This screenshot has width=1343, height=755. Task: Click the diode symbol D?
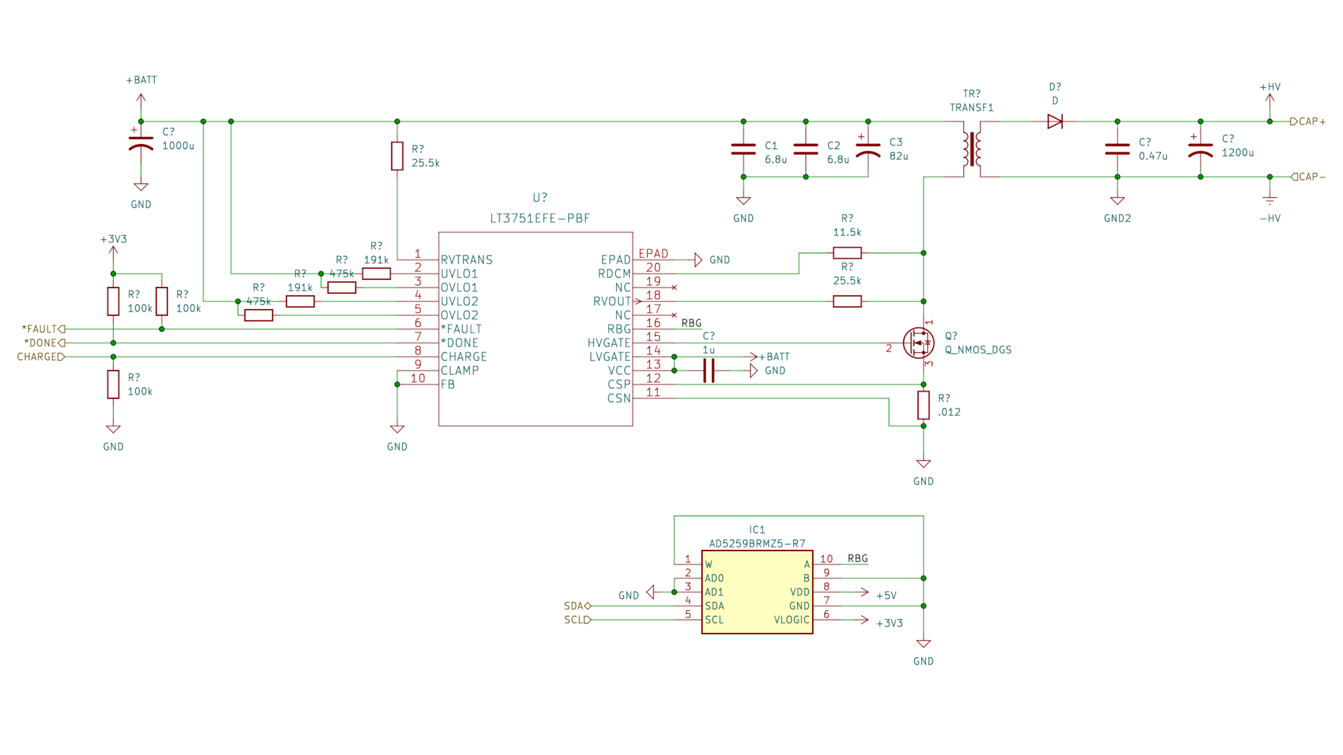pos(1055,121)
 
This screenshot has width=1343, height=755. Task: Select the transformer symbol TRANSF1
pos(972,149)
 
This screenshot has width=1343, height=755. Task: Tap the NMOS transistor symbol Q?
pos(919,343)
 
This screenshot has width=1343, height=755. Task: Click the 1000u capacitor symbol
pos(141,143)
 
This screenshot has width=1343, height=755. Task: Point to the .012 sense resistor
pos(923,405)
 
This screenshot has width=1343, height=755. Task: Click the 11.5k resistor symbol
pos(847,253)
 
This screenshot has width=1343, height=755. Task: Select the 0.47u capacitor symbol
pos(1117,149)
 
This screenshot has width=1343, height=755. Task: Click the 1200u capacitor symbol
pos(1200,149)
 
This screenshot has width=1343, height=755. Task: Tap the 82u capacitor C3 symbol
pos(868,149)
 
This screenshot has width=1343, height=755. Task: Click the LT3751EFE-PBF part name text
pos(540,218)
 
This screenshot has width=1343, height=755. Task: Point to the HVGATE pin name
pos(608,343)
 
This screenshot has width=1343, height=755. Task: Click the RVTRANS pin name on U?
pos(467,260)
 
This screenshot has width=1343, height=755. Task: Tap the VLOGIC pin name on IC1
pos(791,620)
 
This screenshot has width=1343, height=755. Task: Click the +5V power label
pos(886,595)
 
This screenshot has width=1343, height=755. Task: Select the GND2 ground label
pos(1117,218)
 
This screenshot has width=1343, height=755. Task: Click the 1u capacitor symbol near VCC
pos(709,371)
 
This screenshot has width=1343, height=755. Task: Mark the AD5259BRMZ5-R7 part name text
pos(757,544)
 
